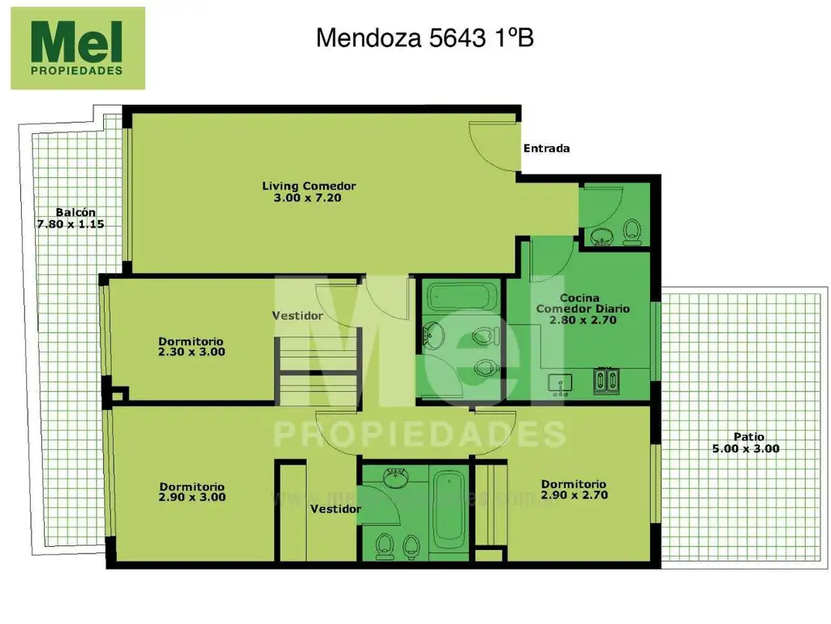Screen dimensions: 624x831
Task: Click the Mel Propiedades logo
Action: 77,48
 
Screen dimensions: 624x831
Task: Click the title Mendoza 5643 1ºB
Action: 424,38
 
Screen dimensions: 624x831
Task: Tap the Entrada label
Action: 546,149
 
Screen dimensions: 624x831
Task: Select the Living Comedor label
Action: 308,187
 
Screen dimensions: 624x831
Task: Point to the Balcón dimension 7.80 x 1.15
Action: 71,223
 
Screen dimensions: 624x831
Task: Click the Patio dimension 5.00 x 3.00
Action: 746,448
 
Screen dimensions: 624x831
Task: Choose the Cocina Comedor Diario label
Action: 583,309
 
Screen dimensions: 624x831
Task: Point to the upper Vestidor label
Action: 297,316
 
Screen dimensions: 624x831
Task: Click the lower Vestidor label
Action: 335,509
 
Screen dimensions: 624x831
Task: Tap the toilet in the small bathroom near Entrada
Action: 631,233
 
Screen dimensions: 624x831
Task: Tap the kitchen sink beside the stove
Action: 560,382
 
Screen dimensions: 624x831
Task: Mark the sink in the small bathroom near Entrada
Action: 601,236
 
